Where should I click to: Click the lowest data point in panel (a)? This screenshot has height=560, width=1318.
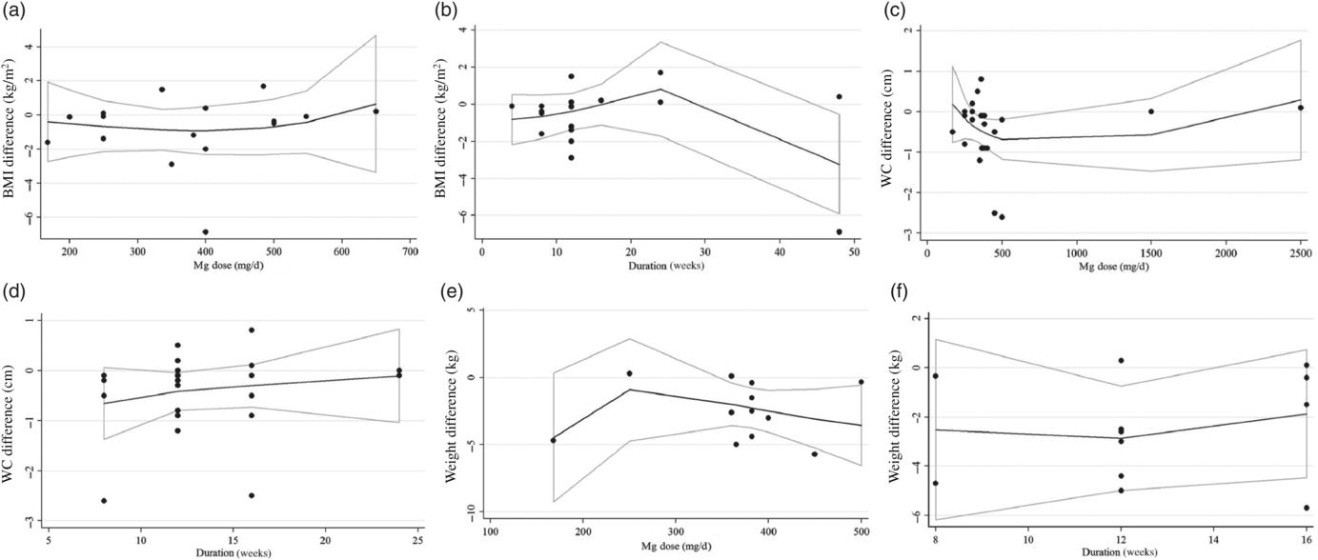(x=205, y=231)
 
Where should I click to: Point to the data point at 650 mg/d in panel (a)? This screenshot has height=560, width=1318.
(x=375, y=111)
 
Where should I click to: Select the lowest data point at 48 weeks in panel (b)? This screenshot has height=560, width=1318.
(x=839, y=231)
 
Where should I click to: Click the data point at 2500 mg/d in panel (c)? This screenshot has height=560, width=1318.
(x=1300, y=108)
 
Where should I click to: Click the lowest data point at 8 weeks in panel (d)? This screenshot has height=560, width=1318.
(x=104, y=500)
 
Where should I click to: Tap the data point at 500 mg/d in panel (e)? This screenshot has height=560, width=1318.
(x=861, y=382)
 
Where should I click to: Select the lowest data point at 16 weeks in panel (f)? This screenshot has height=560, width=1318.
(x=1306, y=508)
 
